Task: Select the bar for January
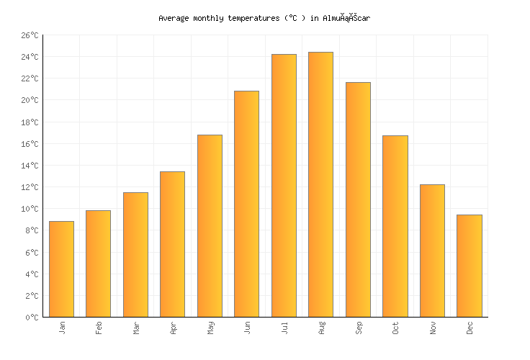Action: [x=61, y=269]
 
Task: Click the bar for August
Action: [x=320, y=184]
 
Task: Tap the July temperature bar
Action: [x=284, y=186]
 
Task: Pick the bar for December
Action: [x=469, y=266]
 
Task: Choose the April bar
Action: [x=172, y=244]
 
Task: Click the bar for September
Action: [x=358, y=199]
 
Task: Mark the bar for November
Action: [x=432, y=251]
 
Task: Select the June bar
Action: [x=246, y=204]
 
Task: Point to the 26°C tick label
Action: [x=30, y=35]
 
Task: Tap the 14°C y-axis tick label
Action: [x=30, y=166]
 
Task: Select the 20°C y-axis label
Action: [x=30, y=101]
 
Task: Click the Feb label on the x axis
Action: [x=99, y=328]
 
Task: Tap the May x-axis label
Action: [x=210, y=328]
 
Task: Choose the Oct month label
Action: [x=395, y=328]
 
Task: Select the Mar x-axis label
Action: [x=135, y=328]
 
